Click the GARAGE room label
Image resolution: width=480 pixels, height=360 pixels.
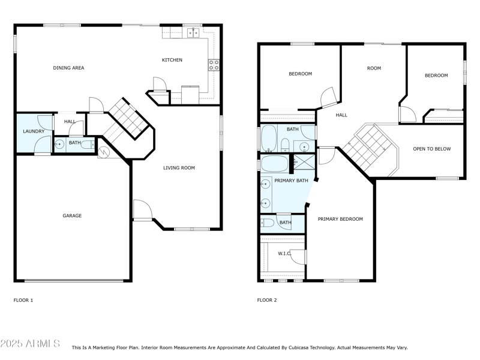tap(72, 216)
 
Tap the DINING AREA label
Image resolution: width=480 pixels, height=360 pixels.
tap(68, 68)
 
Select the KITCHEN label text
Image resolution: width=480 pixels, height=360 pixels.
tap(172, 60)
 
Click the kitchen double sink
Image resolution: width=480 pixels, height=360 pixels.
tap(193, 32)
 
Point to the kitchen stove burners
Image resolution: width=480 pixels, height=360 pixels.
tap(214, 65)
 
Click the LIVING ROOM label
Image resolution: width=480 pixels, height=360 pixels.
tap(179, 168)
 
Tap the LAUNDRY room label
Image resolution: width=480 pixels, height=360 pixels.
tap(34, 131)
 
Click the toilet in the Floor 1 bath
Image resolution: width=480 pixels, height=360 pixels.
tap(88, 145)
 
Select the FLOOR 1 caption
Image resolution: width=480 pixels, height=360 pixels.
tap(23, 301)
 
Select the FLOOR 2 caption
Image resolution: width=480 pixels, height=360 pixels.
tap(267, 301)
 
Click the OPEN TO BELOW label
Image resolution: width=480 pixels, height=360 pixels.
tap(432, 149)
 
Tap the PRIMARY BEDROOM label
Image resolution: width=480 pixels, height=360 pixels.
tap(340, 219)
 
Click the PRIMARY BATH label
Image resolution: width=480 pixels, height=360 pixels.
tap(291, 181)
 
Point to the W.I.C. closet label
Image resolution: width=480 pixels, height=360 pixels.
tap(284, 253)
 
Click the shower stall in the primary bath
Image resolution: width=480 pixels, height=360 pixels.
tap(304, 162)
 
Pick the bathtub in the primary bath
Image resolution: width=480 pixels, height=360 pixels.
tap(275, 164)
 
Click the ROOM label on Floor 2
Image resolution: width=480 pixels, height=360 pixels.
tap(374, 68)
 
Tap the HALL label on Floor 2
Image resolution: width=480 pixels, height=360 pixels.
tap(341, 115)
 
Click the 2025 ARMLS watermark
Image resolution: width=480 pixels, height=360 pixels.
tap(30, 343)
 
